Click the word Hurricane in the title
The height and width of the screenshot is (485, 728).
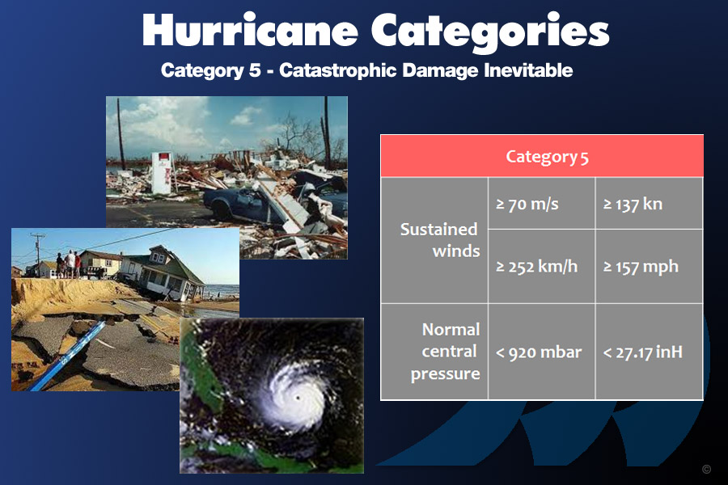click(x=250, y=31)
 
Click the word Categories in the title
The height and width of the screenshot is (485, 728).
click(x=490, y=32)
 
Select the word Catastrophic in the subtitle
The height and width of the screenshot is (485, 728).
click(x=338, y=71)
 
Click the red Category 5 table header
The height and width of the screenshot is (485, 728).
click(x=542, y=156)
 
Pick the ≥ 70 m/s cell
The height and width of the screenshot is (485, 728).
click(x=541, y=203)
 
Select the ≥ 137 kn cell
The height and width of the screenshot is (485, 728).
click(x=649, y=203)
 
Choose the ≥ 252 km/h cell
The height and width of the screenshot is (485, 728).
click(x=541, y=267)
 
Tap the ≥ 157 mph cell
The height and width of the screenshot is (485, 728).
click(x=649, y=267)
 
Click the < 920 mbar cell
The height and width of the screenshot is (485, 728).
click(x=541, y=352)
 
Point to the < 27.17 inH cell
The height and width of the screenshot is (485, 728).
click(x=649, y=352)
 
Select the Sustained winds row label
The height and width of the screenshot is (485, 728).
click(x=439, y=240)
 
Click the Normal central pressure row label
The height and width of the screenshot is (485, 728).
click(x=445, y=352)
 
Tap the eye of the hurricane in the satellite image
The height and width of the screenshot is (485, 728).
click(x=298, y=398)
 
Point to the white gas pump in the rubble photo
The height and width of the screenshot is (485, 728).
click(x=161, y=173)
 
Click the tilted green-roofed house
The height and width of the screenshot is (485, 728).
click(x=163, y=272)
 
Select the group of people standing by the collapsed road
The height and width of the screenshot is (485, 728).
click(x=69, y=264)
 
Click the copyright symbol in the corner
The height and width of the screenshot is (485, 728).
click(x=706, y=469)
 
